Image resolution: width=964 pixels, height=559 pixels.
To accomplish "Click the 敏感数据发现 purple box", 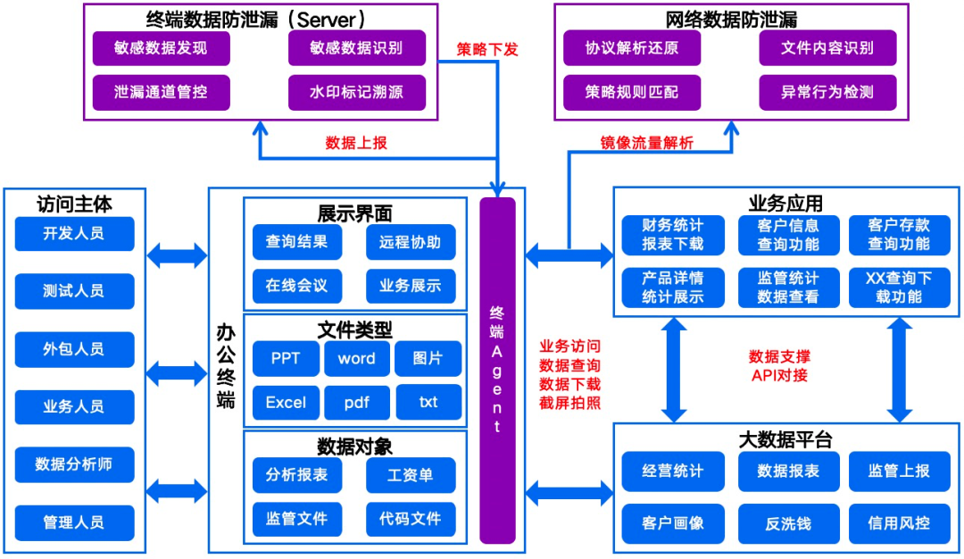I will point(161,48).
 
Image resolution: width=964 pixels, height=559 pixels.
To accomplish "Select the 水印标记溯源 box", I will point(356,92).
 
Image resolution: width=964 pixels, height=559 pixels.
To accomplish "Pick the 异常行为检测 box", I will point(827,92).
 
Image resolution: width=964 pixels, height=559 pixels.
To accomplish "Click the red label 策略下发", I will point(487,49).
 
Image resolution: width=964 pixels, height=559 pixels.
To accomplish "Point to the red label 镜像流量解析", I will point(646,143).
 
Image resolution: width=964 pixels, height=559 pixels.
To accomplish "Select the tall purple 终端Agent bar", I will point(497,370).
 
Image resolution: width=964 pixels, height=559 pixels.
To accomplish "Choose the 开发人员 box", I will point(74,234).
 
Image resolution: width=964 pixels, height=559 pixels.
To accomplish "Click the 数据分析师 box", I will point(74,464).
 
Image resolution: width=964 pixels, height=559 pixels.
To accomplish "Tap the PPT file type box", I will point(286,359).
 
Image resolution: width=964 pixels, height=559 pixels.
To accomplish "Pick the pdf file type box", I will point(357,403).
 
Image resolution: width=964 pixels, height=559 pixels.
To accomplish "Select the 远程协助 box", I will point(411,242).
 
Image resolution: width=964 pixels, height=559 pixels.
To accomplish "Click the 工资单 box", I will point(411,475).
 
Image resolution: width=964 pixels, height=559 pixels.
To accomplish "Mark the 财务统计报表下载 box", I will point(673,235).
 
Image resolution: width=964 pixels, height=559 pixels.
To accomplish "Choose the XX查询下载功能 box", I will point(899,288).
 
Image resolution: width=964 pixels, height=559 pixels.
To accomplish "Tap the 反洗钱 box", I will point(788,523).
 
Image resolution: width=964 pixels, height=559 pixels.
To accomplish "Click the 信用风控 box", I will point(899,523).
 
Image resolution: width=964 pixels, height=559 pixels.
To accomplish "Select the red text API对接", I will point(779,375).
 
